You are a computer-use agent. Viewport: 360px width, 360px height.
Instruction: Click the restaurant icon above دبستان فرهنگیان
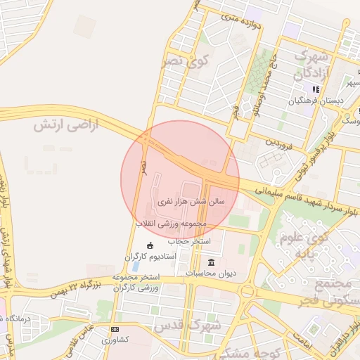point(316,90)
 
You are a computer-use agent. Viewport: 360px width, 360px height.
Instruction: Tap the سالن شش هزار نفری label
point(190,200)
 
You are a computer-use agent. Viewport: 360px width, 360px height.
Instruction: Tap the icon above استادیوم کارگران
point(150,245)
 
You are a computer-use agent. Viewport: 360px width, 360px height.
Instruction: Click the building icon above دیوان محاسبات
point(211,262)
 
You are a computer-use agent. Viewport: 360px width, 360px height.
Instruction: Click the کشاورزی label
point(115,340)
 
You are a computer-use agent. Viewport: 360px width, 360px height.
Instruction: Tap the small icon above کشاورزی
point(115,329)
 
